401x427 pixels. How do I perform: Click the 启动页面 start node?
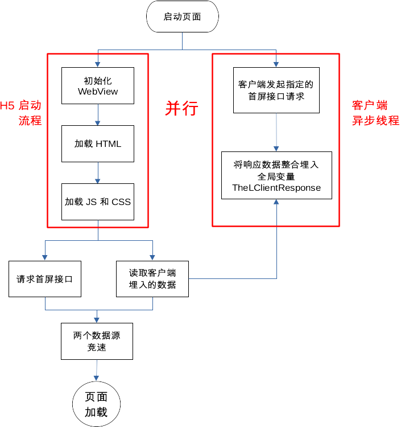(x=182, y=17)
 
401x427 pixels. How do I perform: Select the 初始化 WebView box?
(x=98, y=85)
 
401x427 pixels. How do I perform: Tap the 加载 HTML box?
(x=98, y=143)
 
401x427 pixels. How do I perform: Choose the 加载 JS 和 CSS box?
(x=98, y=202)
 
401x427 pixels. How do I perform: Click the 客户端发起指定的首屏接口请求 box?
(x=276, y=91)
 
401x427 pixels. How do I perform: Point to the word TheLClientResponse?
(x=276, y=188)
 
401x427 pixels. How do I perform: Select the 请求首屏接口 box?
(x=45, y=279)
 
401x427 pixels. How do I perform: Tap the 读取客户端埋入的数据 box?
(x=152, y=279)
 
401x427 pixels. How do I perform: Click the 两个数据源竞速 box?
(x=97, y=341)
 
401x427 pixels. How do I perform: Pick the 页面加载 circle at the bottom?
(x=96, y=405)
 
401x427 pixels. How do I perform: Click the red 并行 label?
(x=181, y=108)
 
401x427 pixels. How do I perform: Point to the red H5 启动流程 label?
(x=22, y=113)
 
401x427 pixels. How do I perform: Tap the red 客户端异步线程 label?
(x=375, y=113)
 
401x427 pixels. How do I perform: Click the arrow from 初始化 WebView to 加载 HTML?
(x=98, y=114)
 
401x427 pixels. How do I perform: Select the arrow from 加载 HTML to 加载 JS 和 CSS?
(x=98, y=173)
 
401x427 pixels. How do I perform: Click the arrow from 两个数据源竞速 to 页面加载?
(x=96, y=370)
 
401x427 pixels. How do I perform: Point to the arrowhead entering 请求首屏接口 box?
(x=45, y=258)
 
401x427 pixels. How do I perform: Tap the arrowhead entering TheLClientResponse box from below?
(x=276, y=202)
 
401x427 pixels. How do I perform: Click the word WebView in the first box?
(x=98, y=91)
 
